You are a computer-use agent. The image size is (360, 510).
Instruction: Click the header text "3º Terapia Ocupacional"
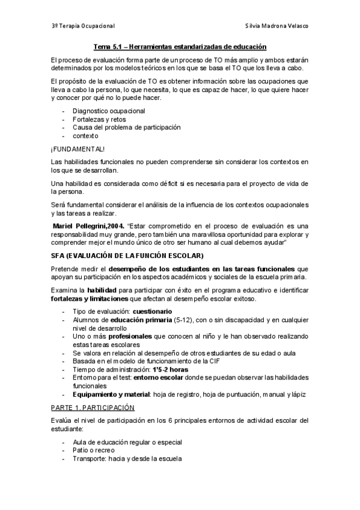coord(83,26)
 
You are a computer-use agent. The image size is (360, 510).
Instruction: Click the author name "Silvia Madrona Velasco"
coord(278,26)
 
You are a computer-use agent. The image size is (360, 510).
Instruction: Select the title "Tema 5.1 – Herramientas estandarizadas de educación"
coord(180,46)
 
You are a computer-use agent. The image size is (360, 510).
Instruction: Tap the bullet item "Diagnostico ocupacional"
coord(108,111)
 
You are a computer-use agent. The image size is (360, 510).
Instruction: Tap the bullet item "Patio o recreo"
coord(93,450)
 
